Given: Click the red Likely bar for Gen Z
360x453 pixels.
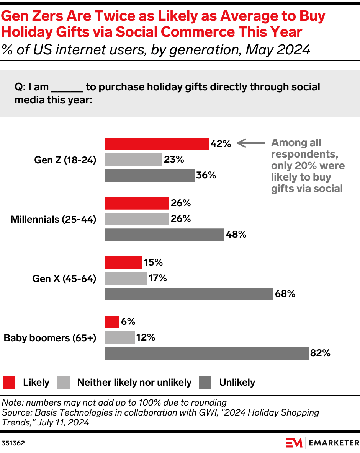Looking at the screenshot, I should [x=157, y=144].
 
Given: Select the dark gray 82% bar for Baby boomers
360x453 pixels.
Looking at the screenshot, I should [x=206, y=353].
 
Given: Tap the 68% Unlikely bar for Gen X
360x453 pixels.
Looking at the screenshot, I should [x=189, y=294].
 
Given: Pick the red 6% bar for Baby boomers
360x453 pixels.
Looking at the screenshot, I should [x=112, y=322].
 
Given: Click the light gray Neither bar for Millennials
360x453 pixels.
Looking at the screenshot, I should [x=137, y=219].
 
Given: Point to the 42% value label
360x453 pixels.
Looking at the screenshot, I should [x=221, y=144].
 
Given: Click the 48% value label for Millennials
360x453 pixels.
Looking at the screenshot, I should [x=236, y=235].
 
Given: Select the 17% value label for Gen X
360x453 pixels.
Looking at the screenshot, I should [x=157, y=278].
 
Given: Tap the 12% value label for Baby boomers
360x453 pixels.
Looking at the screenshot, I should [x=146, y=337].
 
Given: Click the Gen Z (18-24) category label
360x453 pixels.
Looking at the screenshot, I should [x=65, y=160].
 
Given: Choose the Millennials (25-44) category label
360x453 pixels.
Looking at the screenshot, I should [x=53, y=219].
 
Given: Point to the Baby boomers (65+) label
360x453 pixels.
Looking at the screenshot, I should [x=50, y=338].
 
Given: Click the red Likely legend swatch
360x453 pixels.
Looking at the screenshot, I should [x=9, y=382].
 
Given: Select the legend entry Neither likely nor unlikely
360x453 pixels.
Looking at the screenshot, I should [x=134, y=382].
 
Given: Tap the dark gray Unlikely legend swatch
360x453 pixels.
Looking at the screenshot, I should [x=206, y=382].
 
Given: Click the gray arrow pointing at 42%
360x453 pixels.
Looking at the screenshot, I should [x=250, y=143].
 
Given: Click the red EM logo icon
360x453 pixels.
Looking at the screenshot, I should [x=294, y=443].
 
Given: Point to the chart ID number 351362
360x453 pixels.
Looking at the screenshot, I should [x=13, y=443].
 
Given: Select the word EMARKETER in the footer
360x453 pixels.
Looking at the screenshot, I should [x=334, y=443].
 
